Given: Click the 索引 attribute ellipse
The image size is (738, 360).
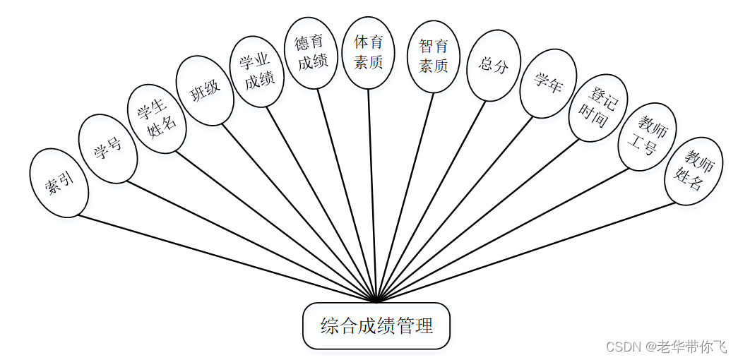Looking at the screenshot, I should pos(59,183).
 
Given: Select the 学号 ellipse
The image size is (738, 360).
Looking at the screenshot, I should pos(108,148).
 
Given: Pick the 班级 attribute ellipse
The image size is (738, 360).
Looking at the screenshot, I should pos(205,91).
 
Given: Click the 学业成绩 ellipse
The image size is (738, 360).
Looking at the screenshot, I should pos(257,72).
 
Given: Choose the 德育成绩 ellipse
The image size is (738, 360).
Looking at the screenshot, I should pos(312,52).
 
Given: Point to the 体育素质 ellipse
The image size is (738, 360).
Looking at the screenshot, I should pos(368,53).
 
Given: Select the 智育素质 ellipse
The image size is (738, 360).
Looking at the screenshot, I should pos(434,56).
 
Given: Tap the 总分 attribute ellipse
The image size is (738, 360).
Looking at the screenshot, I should pos(494,66).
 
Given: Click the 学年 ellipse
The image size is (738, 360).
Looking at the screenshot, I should pos(547,83).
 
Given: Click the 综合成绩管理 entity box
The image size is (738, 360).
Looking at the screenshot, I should pos(376,326).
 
